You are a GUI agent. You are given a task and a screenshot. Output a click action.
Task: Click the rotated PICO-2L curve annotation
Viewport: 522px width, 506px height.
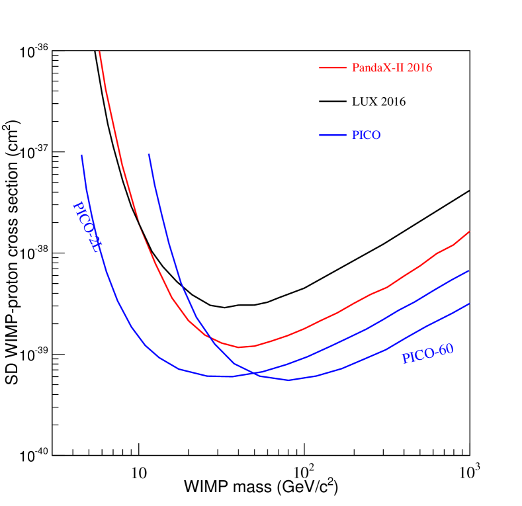tap(89, 228)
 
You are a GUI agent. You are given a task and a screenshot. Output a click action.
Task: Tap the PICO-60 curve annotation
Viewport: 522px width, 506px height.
tap(427, 354)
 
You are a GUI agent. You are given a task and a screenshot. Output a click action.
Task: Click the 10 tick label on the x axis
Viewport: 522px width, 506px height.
tap(138, 472)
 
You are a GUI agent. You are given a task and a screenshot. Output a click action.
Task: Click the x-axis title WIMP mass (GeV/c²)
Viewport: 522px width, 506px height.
tap(261, 489)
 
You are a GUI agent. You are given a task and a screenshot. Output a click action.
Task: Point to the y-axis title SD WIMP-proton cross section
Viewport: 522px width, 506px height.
tap(11, 254)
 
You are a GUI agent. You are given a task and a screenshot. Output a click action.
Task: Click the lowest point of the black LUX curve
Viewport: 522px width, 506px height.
tap(224, 308)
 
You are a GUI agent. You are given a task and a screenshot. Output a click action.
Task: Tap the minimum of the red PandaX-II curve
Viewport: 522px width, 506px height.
tap(238, 347)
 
